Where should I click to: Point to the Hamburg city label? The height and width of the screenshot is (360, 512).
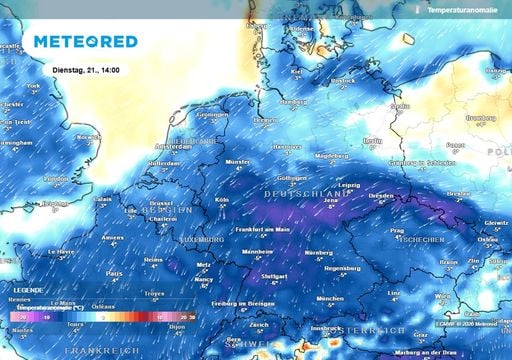(x=294, y=101)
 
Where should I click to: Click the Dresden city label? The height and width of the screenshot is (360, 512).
(x=380, y=196)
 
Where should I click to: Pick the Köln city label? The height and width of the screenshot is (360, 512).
(x=221, y=198)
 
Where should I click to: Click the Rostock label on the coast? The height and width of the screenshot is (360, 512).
(x=341, y=80)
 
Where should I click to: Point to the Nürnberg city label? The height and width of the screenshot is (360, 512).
(x=318, y=251)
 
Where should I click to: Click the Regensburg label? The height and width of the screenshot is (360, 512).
(x=343, y=268)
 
